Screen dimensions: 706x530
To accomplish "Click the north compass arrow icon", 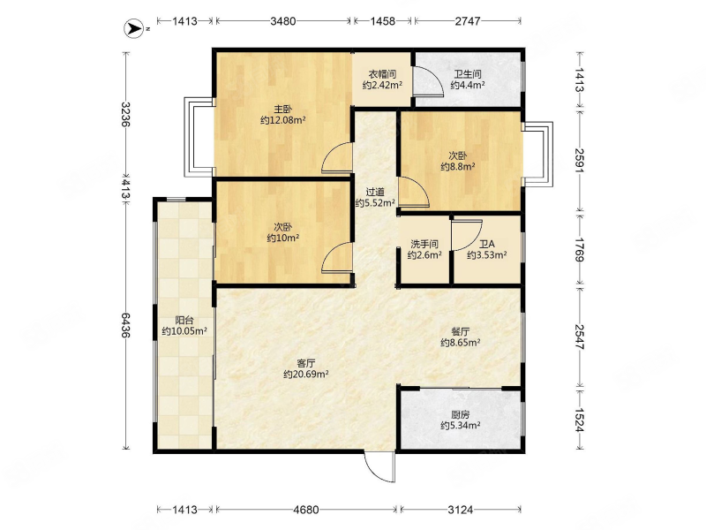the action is (133, 28).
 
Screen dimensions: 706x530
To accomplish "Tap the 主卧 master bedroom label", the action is (283, 109).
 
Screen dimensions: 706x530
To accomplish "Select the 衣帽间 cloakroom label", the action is (382, 74).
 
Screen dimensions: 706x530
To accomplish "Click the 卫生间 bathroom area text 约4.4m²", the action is (468, 85).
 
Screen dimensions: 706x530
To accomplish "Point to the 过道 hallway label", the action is (375, 193).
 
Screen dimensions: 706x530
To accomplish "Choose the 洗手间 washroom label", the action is (424, 245).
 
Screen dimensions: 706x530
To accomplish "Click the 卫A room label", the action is (487, 245).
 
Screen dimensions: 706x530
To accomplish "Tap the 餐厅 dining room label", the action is (460, 332).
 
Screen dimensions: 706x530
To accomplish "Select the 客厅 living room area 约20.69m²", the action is (305, 374).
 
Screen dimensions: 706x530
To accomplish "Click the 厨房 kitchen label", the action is (460, 414).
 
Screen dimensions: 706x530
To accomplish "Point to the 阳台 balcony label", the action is (184, 321).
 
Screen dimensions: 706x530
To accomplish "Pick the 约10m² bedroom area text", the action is (283, 238).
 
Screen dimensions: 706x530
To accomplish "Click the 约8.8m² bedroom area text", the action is (458, 167).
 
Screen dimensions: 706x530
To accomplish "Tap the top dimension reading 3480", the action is (282, 20).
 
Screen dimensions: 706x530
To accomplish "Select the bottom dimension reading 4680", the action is (305, 510).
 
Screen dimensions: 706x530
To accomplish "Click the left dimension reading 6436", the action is (125, 325).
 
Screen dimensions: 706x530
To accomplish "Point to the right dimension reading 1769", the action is (580, 250).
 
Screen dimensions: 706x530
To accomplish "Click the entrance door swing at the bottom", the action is (379, 466).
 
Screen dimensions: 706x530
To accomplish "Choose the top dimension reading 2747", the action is (468, 20).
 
